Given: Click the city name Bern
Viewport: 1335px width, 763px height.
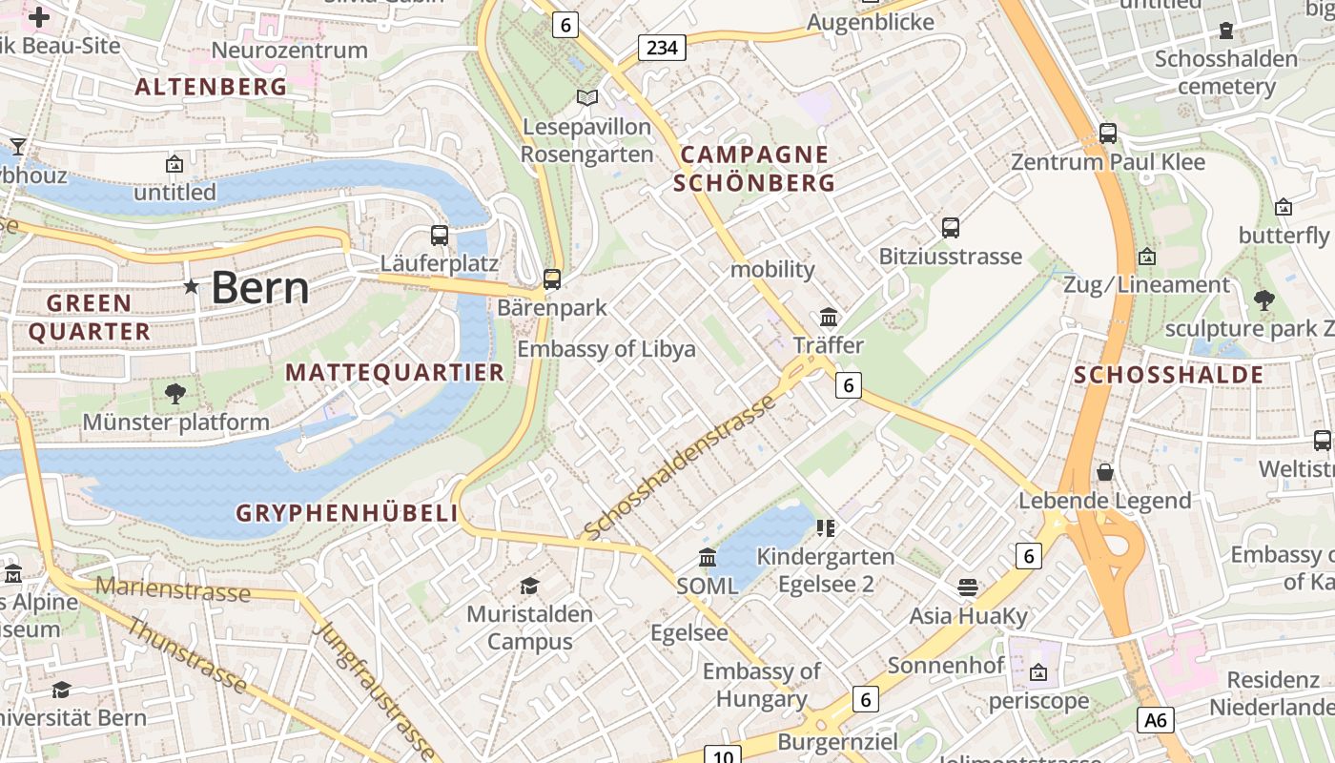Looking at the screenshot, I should tap(259, 287).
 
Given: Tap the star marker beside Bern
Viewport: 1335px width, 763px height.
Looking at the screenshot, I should tap(191, 286).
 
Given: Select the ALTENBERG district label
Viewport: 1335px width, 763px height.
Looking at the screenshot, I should tap(211, 87).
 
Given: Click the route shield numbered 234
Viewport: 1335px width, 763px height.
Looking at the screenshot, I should tap(662, 47).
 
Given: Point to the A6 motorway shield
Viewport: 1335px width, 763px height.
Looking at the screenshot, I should tap(1155, 719).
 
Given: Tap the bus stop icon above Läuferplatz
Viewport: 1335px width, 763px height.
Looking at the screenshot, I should tap(439, 235).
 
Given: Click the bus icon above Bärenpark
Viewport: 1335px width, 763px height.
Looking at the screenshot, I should tap(551, 278).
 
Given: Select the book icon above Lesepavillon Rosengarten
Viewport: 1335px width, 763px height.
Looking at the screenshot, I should tap(587, 97).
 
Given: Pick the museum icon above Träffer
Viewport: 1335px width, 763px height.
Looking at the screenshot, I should tap(829, 317).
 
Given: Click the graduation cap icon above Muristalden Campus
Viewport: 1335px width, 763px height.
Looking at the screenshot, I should tap(529, 586).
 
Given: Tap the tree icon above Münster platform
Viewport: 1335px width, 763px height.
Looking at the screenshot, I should tap(175, 393).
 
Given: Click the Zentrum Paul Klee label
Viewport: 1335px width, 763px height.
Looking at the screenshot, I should tap(1108, 161).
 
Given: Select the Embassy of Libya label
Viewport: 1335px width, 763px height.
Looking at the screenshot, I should tap(606, 349).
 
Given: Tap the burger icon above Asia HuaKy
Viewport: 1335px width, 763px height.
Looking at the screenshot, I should tap(968, 587).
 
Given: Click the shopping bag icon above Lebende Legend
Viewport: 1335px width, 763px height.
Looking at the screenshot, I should tap(1105, 472).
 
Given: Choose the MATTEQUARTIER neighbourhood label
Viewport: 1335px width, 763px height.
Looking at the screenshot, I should tap(395, 373).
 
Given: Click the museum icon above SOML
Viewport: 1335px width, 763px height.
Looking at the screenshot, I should tap(708, 557).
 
